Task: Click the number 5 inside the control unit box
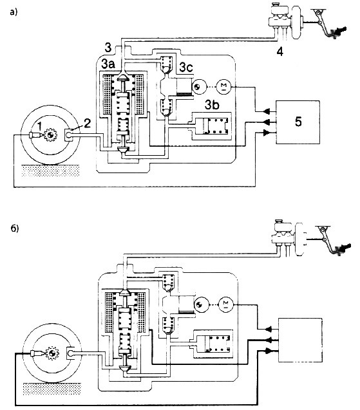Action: (x=298, y=122)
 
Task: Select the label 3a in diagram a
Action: (x=108, y=64)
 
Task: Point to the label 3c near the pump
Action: (x=186, y=68)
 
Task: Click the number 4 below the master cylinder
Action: (x=279, y=51)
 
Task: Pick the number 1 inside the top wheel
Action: (x=39, y=127)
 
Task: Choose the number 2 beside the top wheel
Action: (x=87, y=123)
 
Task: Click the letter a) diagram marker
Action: (x=14, y=12)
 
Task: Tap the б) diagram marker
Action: (x=15, y=228)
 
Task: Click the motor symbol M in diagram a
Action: (x=223, y=86)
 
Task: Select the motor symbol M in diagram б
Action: (x=226, y=304)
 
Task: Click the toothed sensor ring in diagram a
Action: (x=50, y=135)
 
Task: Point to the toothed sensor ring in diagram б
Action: (x=52, y=353)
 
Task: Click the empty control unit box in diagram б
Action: (x=300, y=340)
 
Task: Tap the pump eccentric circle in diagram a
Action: (x=200, y=87)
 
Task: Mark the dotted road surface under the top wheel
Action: (x=50, y=171)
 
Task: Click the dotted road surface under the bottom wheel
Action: (x=52, y=389)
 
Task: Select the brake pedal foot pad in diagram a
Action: (x=338, y=32)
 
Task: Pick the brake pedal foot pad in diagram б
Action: (x=342, y=249)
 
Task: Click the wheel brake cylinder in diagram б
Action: (x=71, y=353)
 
